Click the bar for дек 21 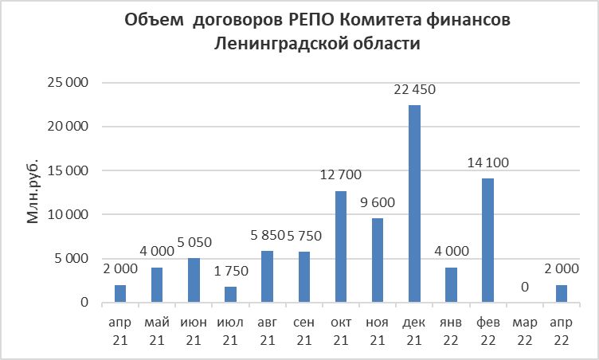pos(414,204)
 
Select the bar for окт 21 pos(341,247)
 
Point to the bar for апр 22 pos(561,294)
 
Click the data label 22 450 pos(414,90)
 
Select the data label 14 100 pos(487,163)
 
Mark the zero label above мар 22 pos(524,287)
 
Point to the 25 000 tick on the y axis pos(68,83)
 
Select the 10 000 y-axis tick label pos(68,215)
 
